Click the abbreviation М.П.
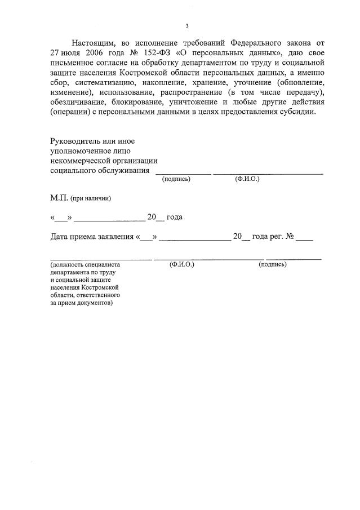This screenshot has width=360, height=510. point(59,198)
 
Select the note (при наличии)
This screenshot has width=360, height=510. point(91,198)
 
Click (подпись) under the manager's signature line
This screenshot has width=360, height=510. point(176,179)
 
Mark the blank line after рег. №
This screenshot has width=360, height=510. point(304,239)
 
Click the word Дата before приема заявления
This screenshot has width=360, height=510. point(61,237)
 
